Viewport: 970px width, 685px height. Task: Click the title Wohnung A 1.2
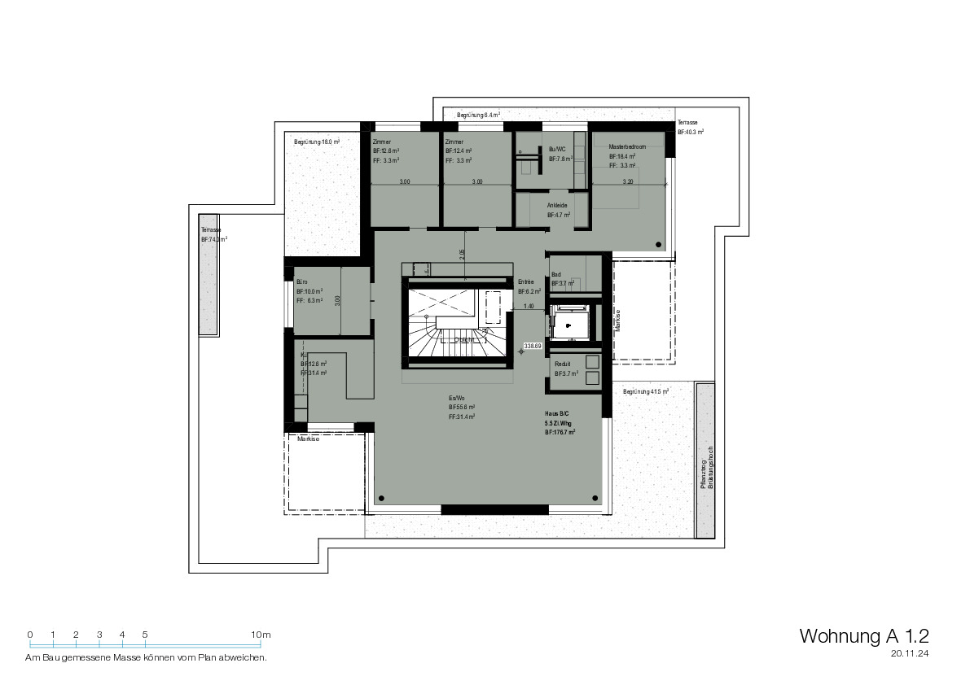click(x=864, y=635)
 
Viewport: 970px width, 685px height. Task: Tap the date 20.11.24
click(x=910, y=653)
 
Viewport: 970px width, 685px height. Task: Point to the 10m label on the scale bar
click(x=261, y=635)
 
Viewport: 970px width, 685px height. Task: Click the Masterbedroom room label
click(x=627, y=146)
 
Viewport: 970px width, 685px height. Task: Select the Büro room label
click(x=302, y=281)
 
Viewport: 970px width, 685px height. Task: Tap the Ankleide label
click(x=557, y=206)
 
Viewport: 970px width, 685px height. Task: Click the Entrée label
click(x=526, y=281)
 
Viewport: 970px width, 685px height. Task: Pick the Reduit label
click(x=561, y=364)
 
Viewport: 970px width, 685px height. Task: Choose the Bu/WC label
click(x=558, y=149)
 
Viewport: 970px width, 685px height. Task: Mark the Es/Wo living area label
click(x=456, y=397)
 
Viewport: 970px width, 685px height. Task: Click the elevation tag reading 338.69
click(x=533, y=346)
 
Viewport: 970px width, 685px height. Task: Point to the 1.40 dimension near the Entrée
click(x=529, y=307)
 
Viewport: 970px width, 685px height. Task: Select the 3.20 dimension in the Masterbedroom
click(x=627, y=182)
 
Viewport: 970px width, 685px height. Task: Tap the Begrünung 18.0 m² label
click(x=317, y=142)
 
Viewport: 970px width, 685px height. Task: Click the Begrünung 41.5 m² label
click(x=646, y=391)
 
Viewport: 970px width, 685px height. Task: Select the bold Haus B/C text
click(x=558, y=413)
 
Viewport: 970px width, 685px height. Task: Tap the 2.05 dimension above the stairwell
click(x=462, y=254)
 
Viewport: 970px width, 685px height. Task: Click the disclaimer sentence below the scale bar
click(x=147, y=657)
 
